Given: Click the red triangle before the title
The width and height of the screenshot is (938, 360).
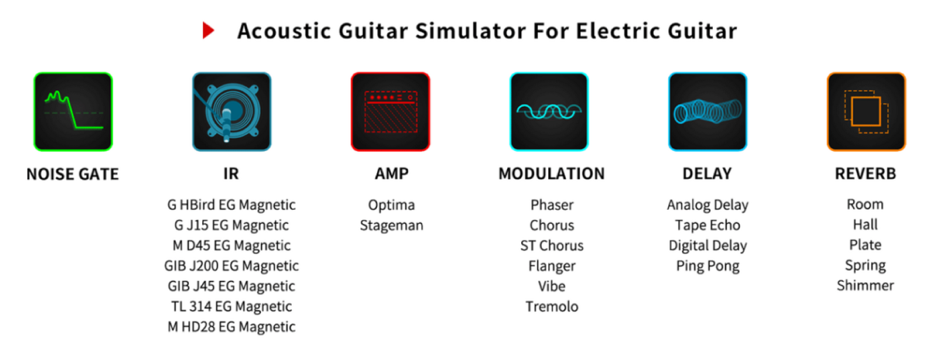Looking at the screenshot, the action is point(208,30).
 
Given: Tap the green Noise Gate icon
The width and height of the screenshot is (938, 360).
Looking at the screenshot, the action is point(73,111).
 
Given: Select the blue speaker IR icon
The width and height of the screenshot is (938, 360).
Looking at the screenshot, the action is point(232,111).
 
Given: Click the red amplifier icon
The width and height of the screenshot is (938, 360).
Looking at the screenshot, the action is point(390,111).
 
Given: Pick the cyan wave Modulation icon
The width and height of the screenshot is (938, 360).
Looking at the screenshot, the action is point(549,111).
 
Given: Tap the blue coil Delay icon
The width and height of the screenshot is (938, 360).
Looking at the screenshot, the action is point(708,111).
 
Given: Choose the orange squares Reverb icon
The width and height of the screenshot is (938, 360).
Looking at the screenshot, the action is point(866,111).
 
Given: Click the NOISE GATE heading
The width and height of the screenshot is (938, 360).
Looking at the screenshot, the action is point(73,174).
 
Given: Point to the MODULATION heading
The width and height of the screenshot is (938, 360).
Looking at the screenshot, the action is point(552,174).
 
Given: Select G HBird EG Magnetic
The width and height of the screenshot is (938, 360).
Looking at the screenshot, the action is point(232,205).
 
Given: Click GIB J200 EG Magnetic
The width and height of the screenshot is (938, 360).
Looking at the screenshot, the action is point(232,266).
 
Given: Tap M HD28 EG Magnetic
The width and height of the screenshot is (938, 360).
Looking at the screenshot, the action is point(232,327).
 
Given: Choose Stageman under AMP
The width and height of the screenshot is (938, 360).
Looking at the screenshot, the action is point(392,225).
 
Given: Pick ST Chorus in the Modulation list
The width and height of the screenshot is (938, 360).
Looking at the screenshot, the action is point(552,246).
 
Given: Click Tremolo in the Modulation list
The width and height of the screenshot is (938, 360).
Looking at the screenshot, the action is point(552,307).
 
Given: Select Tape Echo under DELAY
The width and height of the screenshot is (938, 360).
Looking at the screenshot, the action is point(708,225).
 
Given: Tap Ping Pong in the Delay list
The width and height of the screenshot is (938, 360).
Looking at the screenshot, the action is point(708,266).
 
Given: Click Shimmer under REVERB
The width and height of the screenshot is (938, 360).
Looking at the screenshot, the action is point(865,286).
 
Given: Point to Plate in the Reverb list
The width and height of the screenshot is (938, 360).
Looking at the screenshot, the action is point(865,245).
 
